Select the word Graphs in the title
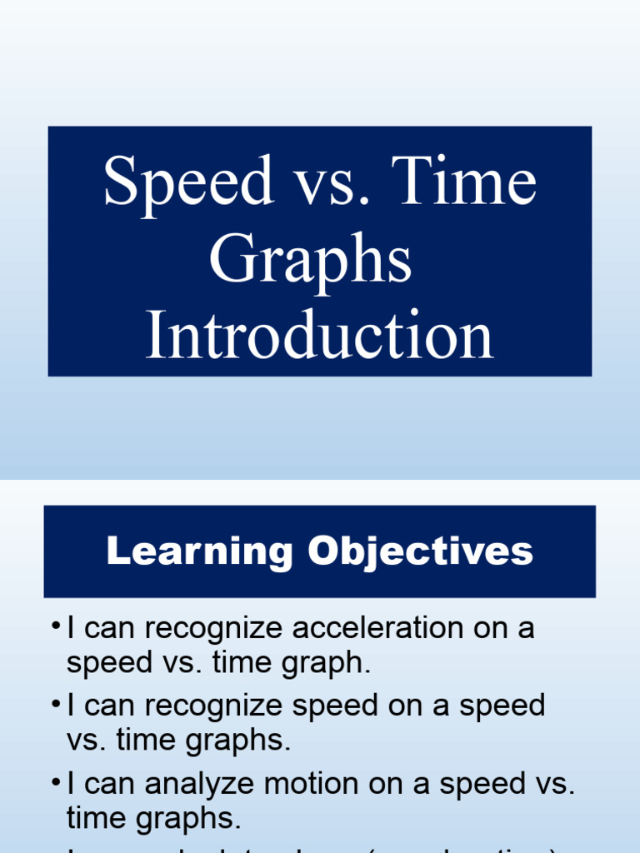coord(310,260)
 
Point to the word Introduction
coord(320,335)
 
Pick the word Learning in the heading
coord(199,551)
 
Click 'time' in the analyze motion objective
coord(94,820)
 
